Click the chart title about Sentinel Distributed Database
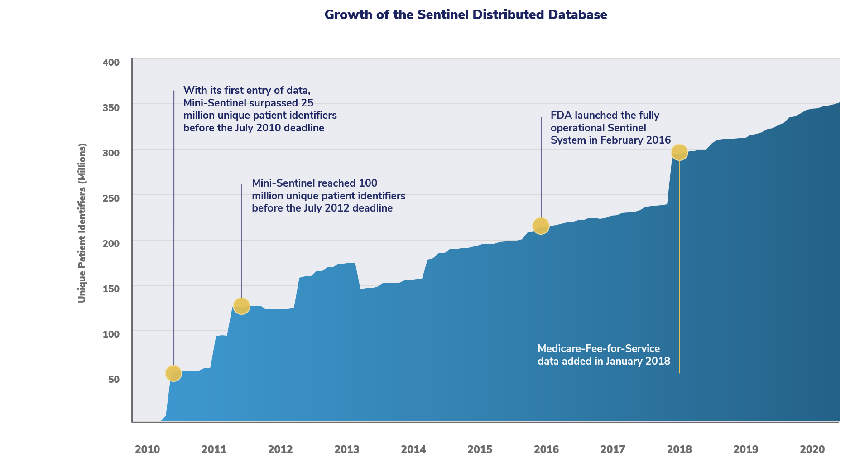point(466,15)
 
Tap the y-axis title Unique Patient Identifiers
point(82,223)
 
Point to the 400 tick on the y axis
point(111,63)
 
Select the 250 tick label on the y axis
point(111,198)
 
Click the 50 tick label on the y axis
point(114,380)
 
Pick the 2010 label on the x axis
point(147,449)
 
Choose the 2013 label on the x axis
point(346,449)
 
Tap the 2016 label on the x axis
point(546,449)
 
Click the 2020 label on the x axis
point(812,449)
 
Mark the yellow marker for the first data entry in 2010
point(173,373)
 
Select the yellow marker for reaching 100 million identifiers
point(241,306)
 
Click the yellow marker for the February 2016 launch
point(541,226)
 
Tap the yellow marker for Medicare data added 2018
point(679,152)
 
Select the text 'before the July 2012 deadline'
point(322,208)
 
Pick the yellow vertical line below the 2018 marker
point(679,272)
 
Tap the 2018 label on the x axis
point(679,449)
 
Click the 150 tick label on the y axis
point(111,289)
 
